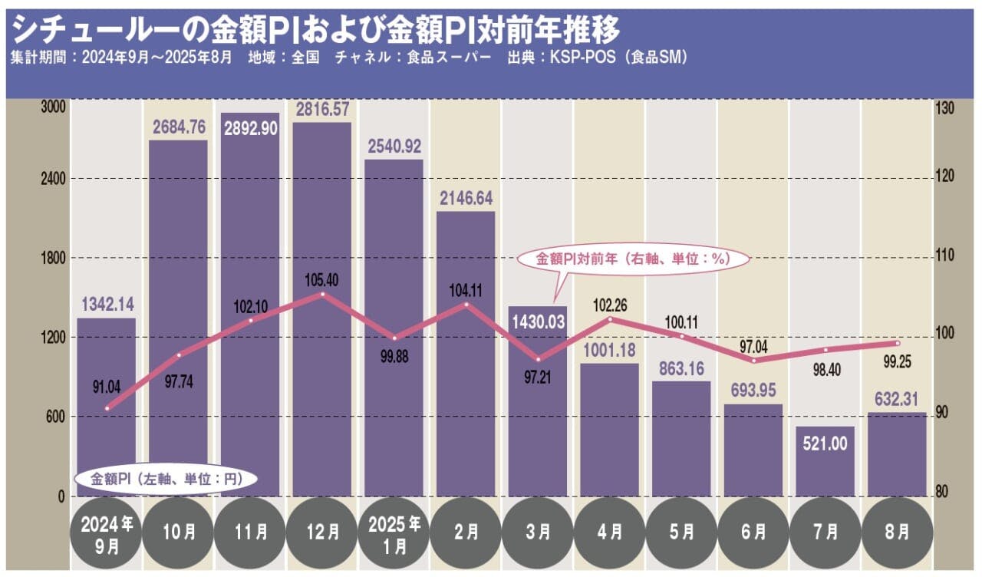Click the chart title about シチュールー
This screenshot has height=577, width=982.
tap(315, 31)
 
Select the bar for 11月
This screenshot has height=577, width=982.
tap(250, 307)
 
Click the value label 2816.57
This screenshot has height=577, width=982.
tap(322, 109)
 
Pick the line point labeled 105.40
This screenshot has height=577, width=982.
tap(322, 294)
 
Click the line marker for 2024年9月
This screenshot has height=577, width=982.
tap(107, 408)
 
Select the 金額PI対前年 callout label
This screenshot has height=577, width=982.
tap(632, 260)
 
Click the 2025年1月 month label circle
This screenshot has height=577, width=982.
tap(394, 531)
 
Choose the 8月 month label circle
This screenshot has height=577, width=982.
tap(897, 531)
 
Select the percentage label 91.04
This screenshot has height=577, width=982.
tap(107, 386)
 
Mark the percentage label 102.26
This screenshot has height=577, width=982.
tap(609, 305)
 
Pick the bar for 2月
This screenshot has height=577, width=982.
tap(466, 353)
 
